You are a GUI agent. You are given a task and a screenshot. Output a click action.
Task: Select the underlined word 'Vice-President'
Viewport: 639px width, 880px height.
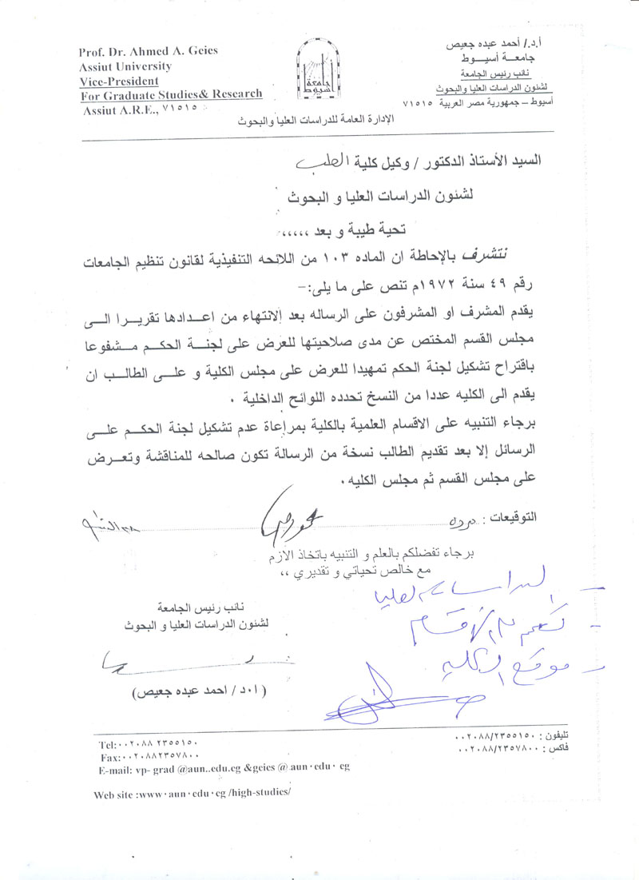click(x=118, y=81)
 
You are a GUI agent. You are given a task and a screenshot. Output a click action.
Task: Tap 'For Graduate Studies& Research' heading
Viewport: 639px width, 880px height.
click(x=171, y=94)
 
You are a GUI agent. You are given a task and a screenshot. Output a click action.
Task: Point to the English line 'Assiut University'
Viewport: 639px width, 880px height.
click(x=125, y=66)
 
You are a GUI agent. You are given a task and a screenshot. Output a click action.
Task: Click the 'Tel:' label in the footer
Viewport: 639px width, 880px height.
click(x=107, y=744)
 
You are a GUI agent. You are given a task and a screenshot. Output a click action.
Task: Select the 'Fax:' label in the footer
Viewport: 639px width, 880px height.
click(x=107, y=756)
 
